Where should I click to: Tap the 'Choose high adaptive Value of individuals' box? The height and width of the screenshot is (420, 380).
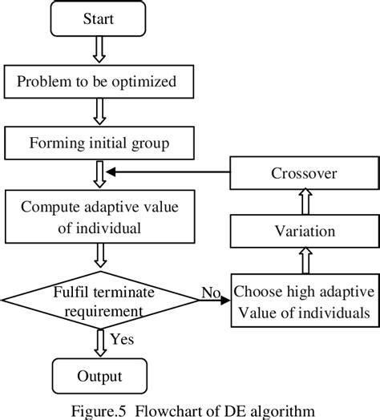coord(303,300)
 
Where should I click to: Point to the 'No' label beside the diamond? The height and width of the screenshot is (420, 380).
coord(211,293)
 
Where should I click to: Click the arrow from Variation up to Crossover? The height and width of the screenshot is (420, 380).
coord(303,203)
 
